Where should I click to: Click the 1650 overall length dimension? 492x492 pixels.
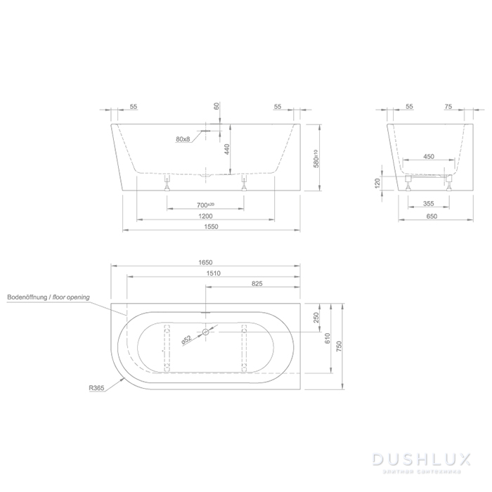205,262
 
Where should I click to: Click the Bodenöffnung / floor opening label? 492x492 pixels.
48,297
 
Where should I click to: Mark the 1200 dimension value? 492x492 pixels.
205,216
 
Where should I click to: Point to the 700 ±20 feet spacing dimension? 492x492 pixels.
205,205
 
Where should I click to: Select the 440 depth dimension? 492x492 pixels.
227,149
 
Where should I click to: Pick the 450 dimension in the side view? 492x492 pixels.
428,157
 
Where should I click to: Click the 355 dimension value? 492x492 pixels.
428,205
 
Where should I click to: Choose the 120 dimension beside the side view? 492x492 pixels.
378,183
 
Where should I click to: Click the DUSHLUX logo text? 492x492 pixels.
427,459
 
